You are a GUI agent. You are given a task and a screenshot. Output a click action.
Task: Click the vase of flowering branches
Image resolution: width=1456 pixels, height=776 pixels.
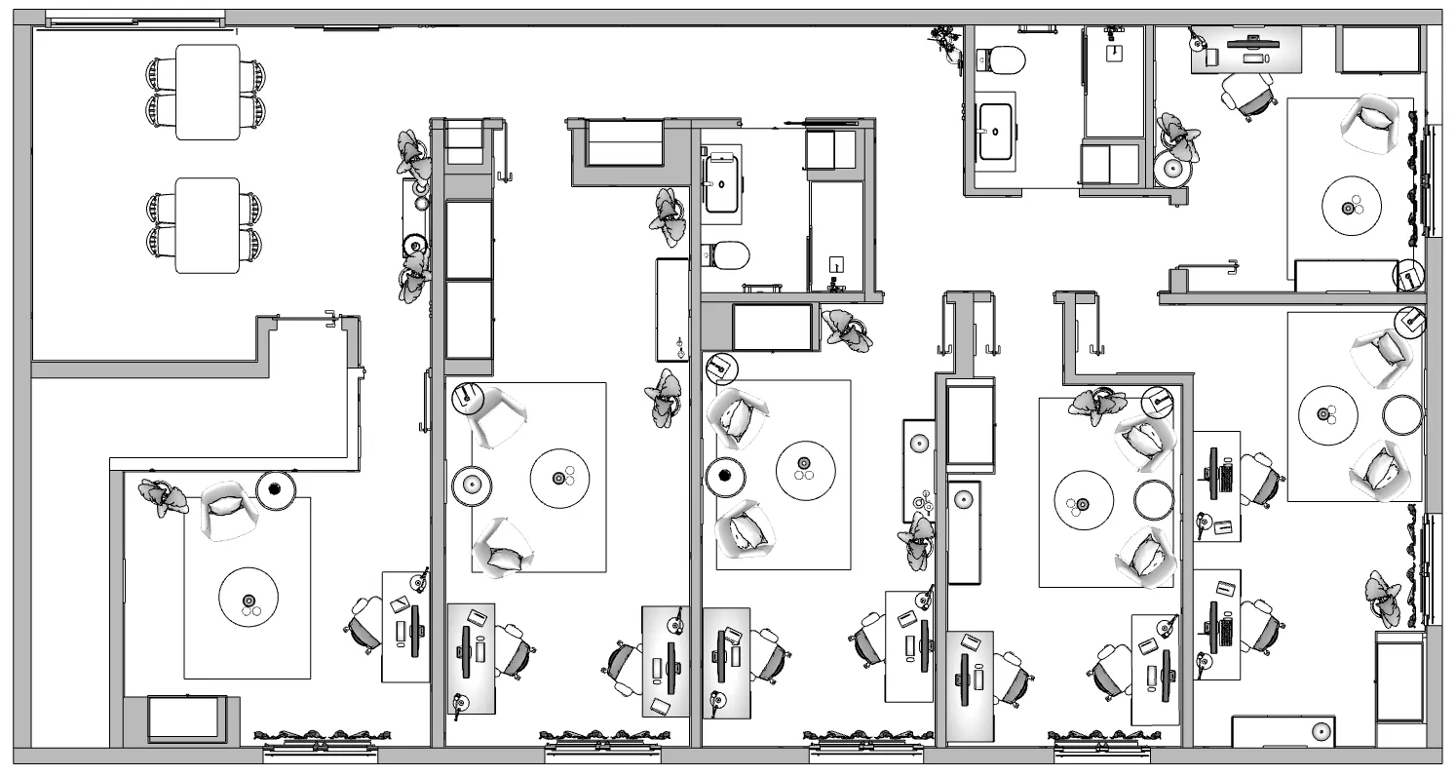pyautogui.click(x=944, y=43)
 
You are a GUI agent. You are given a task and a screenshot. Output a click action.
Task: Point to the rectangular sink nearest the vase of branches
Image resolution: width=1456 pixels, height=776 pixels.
pyautogui.click(x=996, y=130)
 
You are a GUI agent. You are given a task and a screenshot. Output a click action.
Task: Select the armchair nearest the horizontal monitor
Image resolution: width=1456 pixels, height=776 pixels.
pyautogui.click(x=1376, y=117)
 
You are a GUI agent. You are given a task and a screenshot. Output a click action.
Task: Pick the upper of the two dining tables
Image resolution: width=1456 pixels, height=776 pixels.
pyautogui.click(x=208, y=92)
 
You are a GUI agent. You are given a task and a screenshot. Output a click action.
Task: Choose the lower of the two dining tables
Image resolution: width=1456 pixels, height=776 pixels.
pyautogui.click(x=208, y=225)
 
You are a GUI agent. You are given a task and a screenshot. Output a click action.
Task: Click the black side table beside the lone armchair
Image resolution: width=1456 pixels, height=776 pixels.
pyautogui.click(x=276, y=488)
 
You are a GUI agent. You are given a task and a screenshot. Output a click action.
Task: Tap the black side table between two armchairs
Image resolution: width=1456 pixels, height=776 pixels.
pyautogui.click(x=724, y=477)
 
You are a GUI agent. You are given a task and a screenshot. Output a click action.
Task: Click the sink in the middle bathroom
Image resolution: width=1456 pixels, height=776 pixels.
pyautogui.click(x=722, y=184)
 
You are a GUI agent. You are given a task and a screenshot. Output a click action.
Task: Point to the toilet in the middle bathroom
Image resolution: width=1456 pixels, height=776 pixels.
pyautogui.click(x=727, y=255)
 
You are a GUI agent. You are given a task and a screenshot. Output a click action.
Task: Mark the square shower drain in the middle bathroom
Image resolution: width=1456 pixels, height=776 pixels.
pyautogui.click(x=836, y=263)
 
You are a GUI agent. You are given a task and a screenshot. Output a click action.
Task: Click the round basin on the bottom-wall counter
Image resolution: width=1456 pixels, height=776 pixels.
pyautogui.click(x=1322, y=731)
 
